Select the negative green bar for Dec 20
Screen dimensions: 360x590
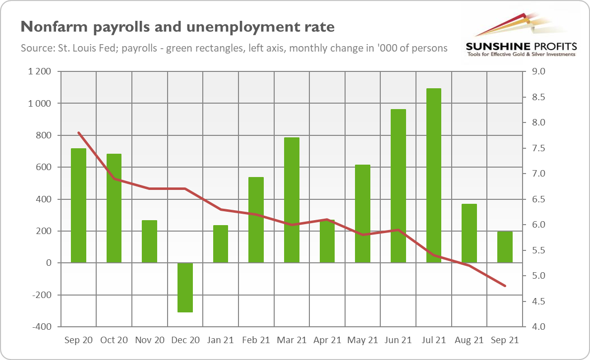(x=185, y=287)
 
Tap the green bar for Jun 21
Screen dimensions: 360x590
(x=398, y=186)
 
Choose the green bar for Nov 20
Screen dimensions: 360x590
(x=149, y=241)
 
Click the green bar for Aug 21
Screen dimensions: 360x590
(x=469, y=233)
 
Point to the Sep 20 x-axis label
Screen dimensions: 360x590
(x=78, y=340)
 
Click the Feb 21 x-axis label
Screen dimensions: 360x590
(x=256, y=340)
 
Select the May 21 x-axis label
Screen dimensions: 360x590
(x=362, y=340)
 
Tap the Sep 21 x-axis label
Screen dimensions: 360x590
(x=505, y=340)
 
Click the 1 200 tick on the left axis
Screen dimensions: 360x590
(x=41, y=71)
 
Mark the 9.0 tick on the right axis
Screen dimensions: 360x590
(x=538, y=71)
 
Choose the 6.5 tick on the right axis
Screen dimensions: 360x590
(x=538, y=199)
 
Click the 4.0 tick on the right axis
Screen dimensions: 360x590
(x=538, y=327)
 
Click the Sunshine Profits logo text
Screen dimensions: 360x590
(x=521, y=46)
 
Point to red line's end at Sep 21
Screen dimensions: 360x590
(x=505, y=286)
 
